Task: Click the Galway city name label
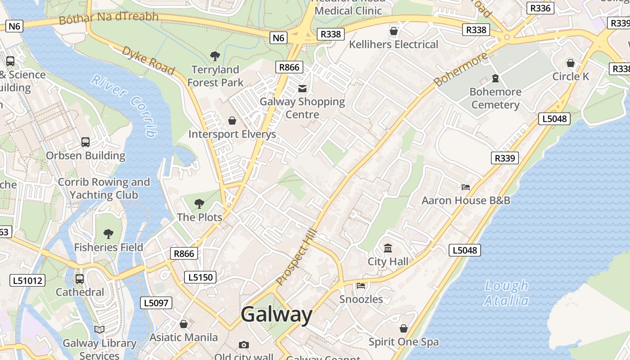(x=276, y=314)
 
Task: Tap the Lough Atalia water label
(x=507, y=293)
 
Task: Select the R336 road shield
(x=540, y=8)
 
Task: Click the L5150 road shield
(x=200, y=277)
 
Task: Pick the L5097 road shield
(x=156, y=303)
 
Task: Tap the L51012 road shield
(x=27, y=281)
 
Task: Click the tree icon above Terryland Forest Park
(x=215, y=56)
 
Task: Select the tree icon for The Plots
(x=199, y=204)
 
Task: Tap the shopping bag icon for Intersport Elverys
(x=232, y=121)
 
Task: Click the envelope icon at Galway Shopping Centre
(x=302, y=89)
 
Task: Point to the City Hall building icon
(x=388, y=248)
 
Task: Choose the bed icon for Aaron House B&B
(x=466, y=187)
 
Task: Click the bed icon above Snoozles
(x=361, y=285)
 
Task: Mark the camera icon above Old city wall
(x=243, y=345)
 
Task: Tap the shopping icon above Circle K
(x=571, y=63)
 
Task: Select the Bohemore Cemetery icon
(x=495, y=78)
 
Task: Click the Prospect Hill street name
(x=297, y=258)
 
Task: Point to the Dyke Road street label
(x=148, y=60)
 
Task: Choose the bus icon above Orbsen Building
(x=85, y=142)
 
